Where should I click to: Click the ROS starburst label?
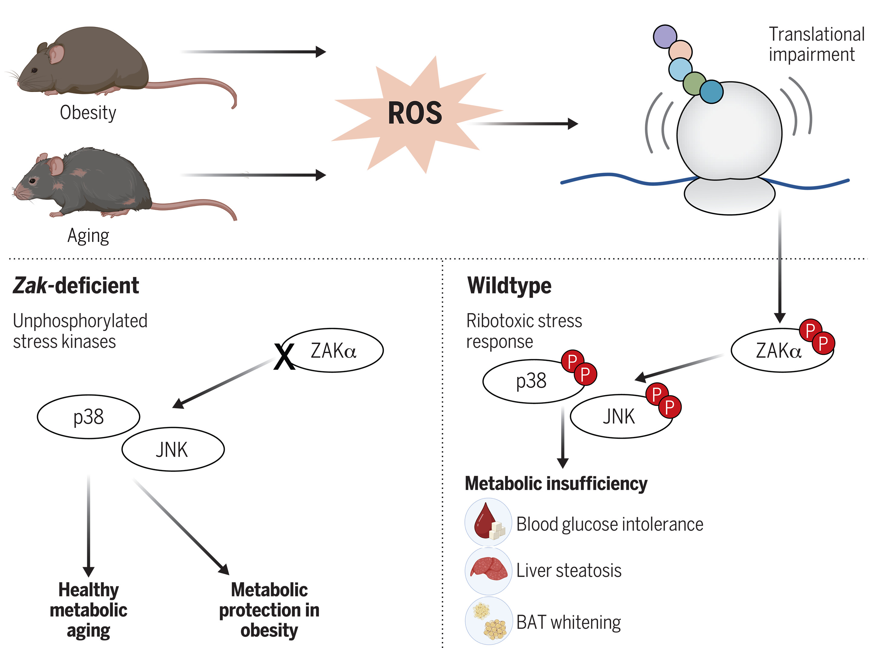coord(415,113)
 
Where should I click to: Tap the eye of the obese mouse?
coord(35,70)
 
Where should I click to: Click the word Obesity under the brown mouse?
coord(88,113)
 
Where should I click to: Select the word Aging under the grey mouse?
coord(88,236)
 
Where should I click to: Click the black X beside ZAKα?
coord(284,356)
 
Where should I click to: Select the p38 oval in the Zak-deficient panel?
coord(89,417)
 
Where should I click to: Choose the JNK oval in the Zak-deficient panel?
coord(173,449)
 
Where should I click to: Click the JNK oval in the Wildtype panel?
coord(621,416)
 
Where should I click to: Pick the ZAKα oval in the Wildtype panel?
coord(782,350)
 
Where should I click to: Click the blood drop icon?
coord(488,522)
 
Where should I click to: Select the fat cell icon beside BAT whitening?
coord(489,621)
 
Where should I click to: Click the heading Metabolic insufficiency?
coord(556,484)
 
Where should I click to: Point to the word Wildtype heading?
coord(509,286)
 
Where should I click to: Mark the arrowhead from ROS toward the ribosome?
coord(573,124)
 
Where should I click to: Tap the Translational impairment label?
coord(816,44)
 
